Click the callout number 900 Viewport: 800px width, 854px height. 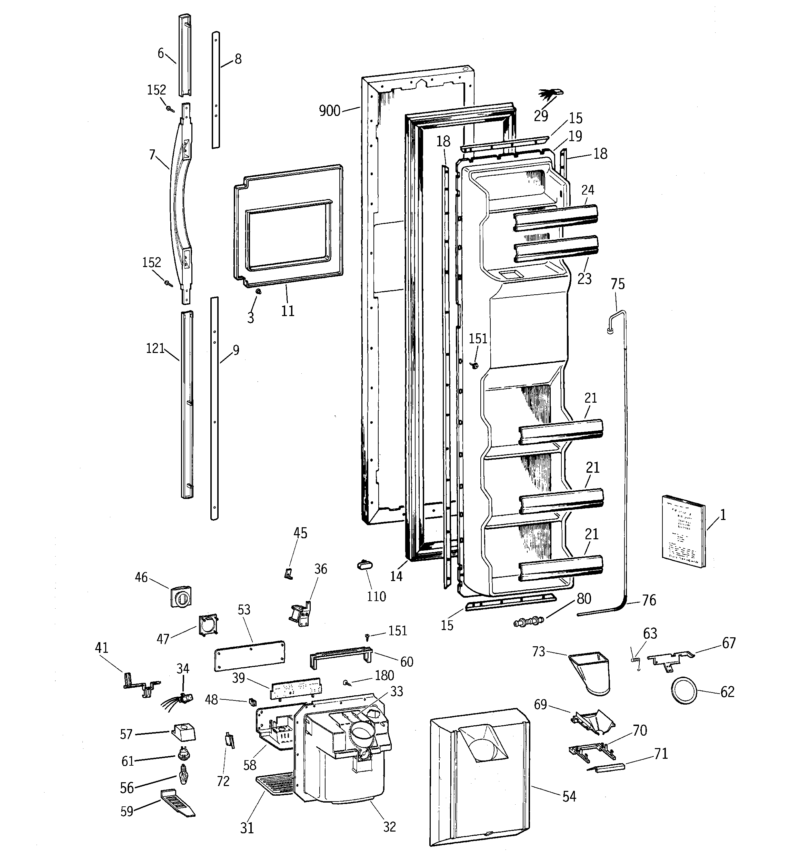329,111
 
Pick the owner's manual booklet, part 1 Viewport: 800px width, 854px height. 683,531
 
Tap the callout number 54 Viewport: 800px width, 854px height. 569,796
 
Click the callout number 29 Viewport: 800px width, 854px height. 541,116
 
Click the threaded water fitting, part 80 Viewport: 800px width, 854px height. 529,621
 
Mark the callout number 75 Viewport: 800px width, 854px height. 618,284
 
